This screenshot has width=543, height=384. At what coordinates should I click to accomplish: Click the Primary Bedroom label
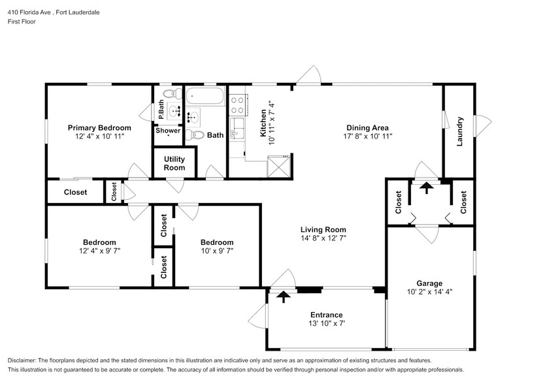tap(99, 128)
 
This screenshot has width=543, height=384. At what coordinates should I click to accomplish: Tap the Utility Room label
tap(174, 163)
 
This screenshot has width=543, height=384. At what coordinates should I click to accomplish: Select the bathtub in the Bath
tap(205, 95)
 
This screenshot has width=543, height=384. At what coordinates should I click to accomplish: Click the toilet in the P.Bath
tap(173, 93)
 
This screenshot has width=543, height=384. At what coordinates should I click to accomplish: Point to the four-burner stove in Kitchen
tap(237, 105)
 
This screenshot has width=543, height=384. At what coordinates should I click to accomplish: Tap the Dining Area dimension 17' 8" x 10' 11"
tap(367, 136)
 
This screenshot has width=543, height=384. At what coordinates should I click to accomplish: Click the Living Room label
tap(323, 229)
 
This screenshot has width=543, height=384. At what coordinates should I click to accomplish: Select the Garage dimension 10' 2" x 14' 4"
tap(429, 291)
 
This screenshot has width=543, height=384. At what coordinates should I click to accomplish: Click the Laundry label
tap(459, 131)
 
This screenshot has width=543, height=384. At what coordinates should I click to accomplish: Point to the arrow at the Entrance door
tap(284, 296)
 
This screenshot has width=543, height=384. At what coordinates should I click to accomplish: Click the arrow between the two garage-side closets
tap(426, 188)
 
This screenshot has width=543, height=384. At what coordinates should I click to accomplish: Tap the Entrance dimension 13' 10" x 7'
tap(327, 323)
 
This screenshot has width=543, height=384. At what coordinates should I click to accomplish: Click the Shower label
tap(168, 131)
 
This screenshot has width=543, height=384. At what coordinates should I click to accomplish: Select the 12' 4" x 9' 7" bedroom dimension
tap(99, 251)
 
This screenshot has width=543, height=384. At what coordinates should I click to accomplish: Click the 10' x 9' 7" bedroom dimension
tap(217, 251)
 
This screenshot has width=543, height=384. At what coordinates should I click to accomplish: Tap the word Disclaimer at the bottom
tap(22, 360)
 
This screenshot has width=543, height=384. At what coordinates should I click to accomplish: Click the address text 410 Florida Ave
tap(29, 12)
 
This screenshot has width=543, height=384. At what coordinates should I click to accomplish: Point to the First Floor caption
tap(22, 22)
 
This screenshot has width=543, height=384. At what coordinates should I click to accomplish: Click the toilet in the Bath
tap(195, 135)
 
